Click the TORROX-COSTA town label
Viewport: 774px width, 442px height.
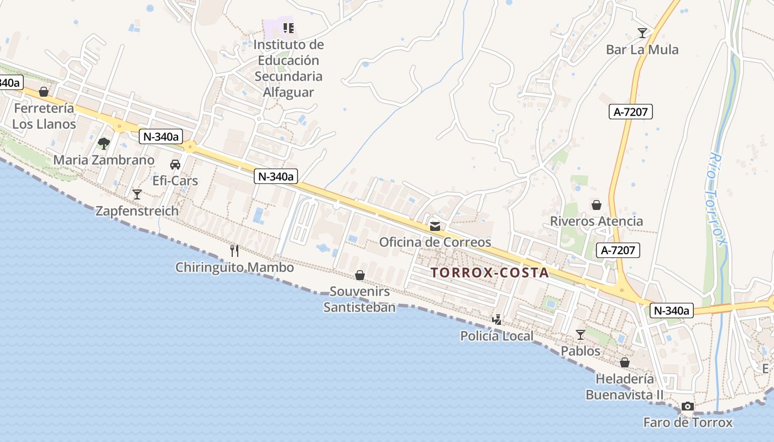coord(490,272)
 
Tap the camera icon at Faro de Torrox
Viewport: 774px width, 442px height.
coord(687,407)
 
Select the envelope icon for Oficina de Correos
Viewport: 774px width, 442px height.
coord(435,227)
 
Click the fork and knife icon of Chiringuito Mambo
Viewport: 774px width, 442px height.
coord(234,251)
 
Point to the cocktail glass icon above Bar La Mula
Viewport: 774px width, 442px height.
coord(642,33)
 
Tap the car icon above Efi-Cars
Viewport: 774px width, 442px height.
coord(175,165)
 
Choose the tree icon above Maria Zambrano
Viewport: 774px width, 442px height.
coord(103,144)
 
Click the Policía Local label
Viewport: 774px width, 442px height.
coord(497,336)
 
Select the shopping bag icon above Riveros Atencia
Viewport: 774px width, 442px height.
coord(597,206)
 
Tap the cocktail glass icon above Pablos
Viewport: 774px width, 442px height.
coord(580,335)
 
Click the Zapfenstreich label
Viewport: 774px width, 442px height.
coord(137,211)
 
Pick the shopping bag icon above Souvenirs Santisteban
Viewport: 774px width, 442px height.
coord(360,275)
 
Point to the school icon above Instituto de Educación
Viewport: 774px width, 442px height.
coord(288,28)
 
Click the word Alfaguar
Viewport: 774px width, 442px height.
coord(288,92)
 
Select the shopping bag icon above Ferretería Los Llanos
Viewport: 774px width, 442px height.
coord(44,92)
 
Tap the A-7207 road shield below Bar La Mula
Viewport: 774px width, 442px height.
coord(631,112)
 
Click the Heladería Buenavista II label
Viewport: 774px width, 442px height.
coord(624,387)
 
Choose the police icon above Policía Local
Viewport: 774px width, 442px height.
coord(497,319)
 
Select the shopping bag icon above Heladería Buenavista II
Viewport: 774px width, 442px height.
coord(624,363)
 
